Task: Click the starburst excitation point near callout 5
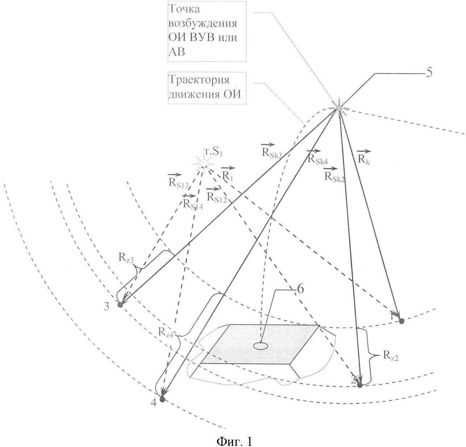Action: click(x=339, y=108)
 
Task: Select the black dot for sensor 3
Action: click(x=120, y=305)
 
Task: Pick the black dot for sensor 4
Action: click(x=162, y=399)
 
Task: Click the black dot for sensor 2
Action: click(x=359, y=385)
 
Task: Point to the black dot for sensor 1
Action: click(x=401, y=320)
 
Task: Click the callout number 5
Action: click(x=428, y=73)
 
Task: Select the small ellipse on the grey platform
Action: click(x=260, y=346)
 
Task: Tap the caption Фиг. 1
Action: click(x=234, y=441)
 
